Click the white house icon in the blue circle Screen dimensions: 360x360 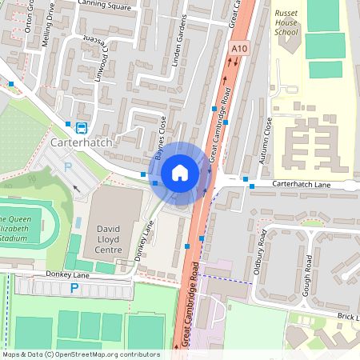tap(180, 172)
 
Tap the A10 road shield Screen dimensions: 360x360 tap(237, 50)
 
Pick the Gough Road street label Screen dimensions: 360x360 tap(307, 274)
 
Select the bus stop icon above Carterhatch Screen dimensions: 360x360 tap(81, 127)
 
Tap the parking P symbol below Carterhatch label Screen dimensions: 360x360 tap(67, 166)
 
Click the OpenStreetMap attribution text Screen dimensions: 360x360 tap(80, 354)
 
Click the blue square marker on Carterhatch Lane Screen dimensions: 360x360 tap(252, 186)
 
